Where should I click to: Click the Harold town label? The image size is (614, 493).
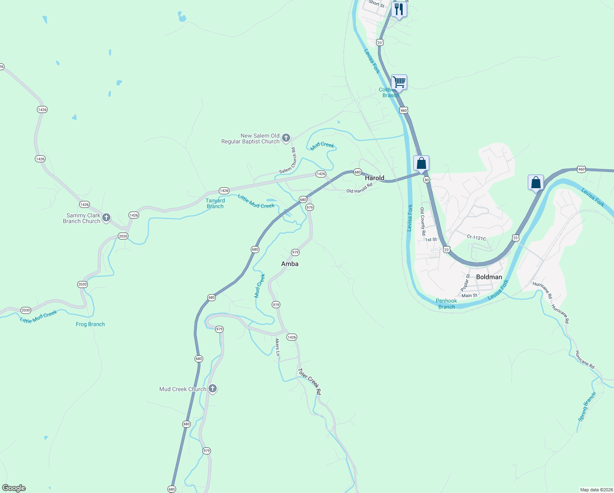(x=374, y=178)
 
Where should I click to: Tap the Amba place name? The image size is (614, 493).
(x=290, y=264)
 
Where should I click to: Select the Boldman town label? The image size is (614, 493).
(x=489, y=277)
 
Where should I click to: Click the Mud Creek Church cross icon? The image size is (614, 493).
(x=212, y=389)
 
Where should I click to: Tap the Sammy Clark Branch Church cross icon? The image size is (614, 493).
(x=106, y=218)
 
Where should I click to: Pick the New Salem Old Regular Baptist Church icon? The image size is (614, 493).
(x=286, y=138)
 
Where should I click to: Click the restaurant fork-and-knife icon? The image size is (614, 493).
(x=399, y=9)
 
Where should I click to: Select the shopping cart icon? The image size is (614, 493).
(x=399, y=82)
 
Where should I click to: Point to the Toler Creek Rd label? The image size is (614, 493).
(x=309, y=382)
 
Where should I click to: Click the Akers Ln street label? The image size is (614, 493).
(x=277, y=347)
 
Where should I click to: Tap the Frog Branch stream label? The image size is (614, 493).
(x=90, y=324)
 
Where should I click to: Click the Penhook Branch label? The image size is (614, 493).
(x=446, y=304)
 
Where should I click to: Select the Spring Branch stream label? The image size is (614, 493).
(x=587, y=407)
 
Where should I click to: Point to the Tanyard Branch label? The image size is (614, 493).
(x=215, y=203)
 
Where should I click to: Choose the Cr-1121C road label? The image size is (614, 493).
(x=476, y=237)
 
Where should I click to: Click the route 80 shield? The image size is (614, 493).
(x=426, y=180)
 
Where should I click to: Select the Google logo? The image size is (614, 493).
(x=14, y=488)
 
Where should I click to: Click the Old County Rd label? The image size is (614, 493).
(x=423, y=221)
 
